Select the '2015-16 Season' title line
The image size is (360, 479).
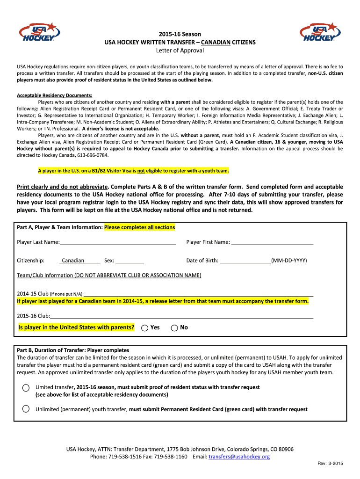(x=180, y=34)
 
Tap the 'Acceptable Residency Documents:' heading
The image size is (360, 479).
(x=55, y=95)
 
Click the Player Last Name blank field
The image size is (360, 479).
(x=118, y=242)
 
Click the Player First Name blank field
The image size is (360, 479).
(x=272, y=242)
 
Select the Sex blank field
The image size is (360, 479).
(x=130, y=261)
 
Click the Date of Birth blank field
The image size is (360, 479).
(x=245, y=261)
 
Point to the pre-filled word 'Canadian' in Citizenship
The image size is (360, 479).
(x=73, y=261)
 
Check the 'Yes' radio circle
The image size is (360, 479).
(x=145, y=328)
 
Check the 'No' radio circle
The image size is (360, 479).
(x=174, y=328)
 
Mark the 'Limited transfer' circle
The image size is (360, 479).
(x=26, y=388)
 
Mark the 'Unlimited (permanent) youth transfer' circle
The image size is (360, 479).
(x=26, y=409)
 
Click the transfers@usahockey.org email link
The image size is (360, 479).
(x=239, y=457)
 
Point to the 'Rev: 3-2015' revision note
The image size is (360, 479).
(x=330, y=464)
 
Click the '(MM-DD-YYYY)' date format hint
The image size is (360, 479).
(x=289, y=261)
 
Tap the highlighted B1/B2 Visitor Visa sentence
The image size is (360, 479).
(x=133, y=171)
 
